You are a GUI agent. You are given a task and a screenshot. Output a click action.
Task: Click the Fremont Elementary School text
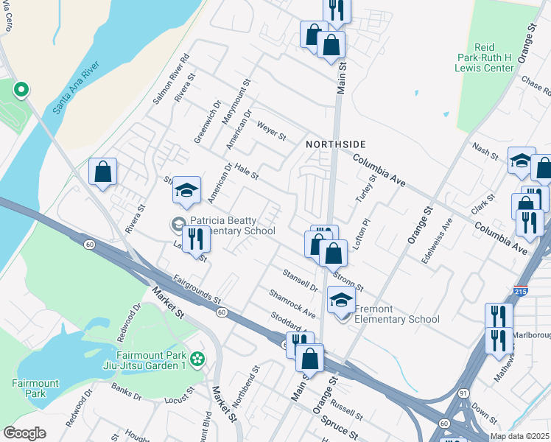tap(397, 314)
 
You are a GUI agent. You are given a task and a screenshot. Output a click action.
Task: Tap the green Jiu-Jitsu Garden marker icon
tap(196, 359)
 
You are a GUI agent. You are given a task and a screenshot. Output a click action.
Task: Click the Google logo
tap(24, 433)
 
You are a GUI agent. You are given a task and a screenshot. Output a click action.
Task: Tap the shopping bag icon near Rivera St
tap(103, 171)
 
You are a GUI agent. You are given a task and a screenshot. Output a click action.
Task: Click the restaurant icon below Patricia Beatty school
tap(195, 240)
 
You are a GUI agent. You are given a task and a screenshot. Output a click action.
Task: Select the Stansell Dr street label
tap(300, 280)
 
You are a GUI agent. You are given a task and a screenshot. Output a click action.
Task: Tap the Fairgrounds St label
tap(197, 290)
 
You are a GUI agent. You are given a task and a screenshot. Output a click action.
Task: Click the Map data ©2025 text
tap(519, 436)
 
